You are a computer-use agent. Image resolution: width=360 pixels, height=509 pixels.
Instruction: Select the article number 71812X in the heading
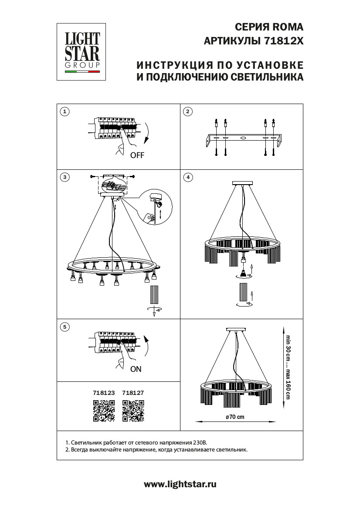click(284, 41)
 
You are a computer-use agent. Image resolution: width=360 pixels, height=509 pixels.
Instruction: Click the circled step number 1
click(65, 112)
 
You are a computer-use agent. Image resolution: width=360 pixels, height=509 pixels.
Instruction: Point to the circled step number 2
click(188, 112)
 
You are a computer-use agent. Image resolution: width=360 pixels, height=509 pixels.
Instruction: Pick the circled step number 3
click(65, 177)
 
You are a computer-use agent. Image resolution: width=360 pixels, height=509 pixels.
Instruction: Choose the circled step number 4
click(188, 177)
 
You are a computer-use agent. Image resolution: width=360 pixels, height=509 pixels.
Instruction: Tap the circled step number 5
click(65, 327)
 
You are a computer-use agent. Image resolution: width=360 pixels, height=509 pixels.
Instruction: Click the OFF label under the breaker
click(137, 155)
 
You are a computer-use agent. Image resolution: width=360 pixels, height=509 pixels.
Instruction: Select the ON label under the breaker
click(136, 369)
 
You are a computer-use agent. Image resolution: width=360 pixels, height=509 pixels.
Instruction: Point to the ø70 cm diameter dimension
click(235, 417)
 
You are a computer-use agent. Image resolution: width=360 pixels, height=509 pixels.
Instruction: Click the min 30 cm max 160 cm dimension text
click(287, 367)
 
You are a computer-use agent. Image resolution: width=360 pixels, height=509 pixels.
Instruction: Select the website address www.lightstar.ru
click(180, 484)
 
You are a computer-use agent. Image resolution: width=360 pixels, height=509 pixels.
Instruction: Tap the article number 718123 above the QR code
click(104, 392)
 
